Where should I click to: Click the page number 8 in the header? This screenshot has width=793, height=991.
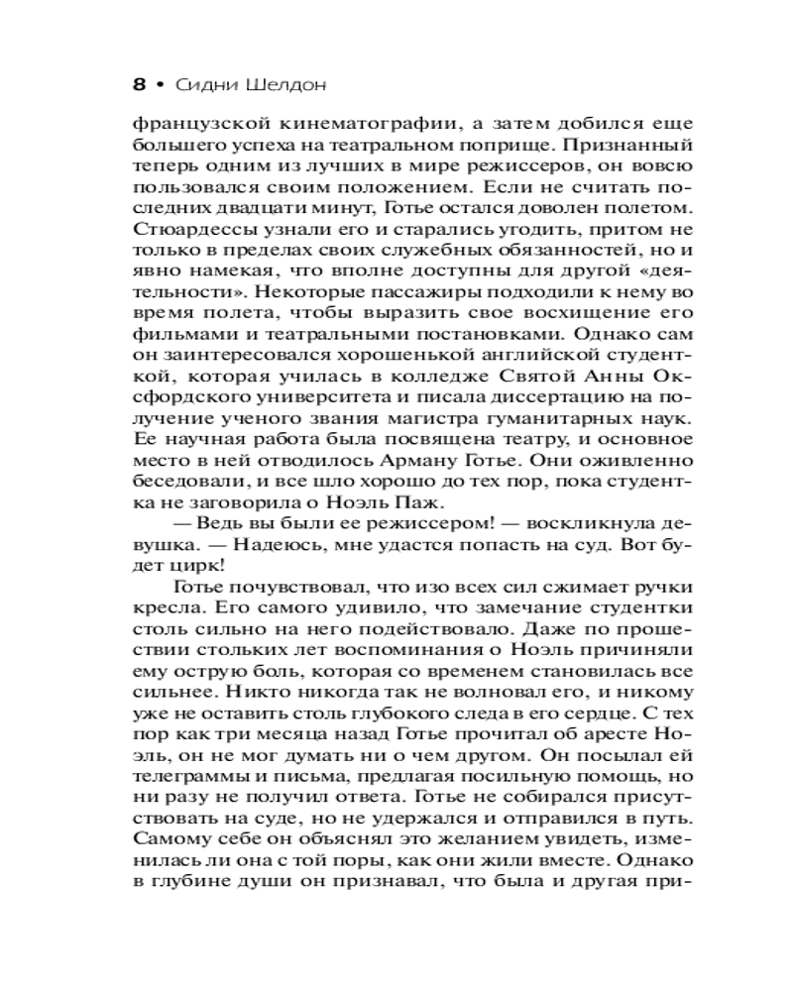click(138, 84)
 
